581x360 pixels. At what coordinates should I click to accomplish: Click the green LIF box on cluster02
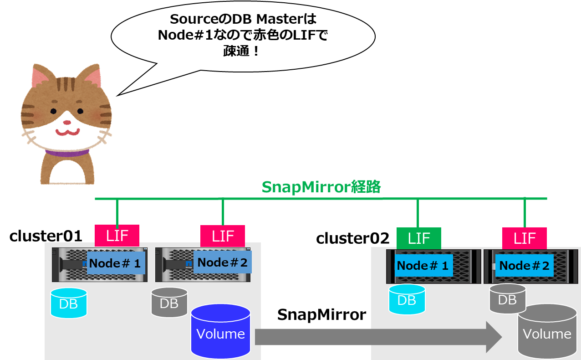click(419, 238)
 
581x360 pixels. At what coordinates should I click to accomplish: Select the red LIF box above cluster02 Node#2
click(525, 238)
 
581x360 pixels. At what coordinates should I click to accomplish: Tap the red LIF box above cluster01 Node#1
click(117, 236)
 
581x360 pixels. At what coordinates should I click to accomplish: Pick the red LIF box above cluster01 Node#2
click(223, 236)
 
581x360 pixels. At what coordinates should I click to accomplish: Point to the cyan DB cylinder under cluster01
click(68, 303)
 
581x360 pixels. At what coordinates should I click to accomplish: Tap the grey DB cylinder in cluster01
click(169, 302)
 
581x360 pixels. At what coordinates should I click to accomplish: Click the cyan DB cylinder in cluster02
click(407, 299)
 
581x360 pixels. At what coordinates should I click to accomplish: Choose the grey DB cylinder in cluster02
click(507, 299)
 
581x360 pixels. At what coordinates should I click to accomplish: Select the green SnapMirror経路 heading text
click(321, 187)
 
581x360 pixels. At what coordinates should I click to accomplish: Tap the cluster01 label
click(46, 236)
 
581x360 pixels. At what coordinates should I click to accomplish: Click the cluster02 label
click(353, 238)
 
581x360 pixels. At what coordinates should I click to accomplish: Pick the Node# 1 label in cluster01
click(116, 263)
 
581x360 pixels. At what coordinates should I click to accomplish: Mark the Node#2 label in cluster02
click(525, 266)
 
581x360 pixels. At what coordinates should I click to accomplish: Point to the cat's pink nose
click(67, 122)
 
